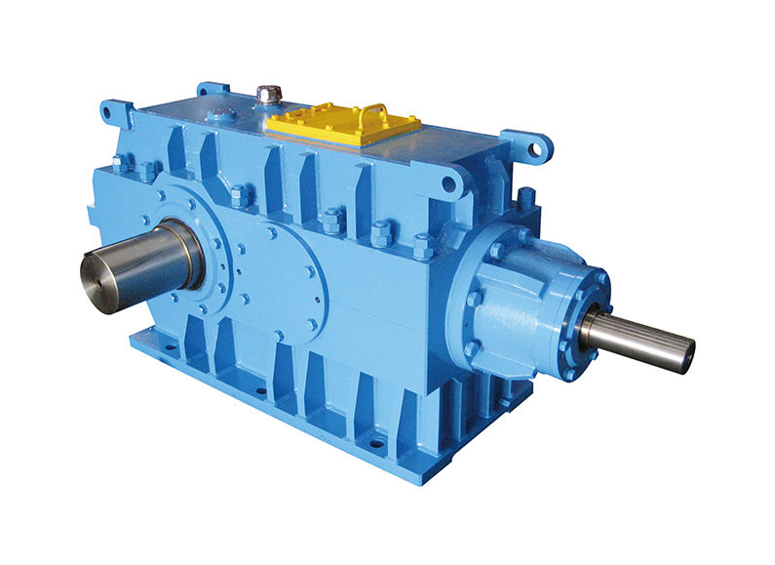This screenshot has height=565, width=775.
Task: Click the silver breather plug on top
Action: pyautogui.click(x=269, y=95)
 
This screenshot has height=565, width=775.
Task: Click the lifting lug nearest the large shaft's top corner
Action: pyautogui.click(x=116, y=110)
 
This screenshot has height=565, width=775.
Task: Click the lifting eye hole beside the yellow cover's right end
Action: pyautogui.click(x=448, y=182)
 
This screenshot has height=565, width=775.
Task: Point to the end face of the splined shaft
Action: pyautogui.click(x=688, y=350)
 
